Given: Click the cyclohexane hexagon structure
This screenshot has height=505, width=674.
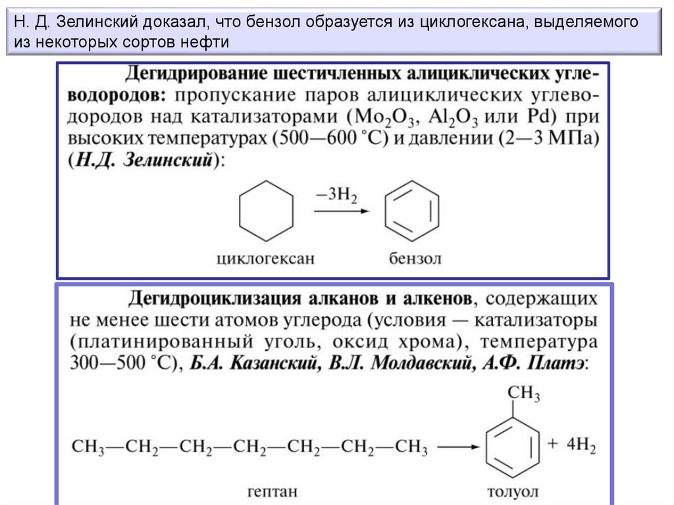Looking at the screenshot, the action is click(266, 211).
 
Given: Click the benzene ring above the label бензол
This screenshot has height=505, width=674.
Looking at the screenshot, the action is click(411, 211).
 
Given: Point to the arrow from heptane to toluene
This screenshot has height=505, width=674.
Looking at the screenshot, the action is click(458, 448).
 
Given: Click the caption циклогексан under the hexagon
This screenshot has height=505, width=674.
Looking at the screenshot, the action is click(266, 258).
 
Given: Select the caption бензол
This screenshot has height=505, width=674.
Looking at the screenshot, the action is click(415, 258).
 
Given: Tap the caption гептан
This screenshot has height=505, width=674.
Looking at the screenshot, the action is click(272, 491).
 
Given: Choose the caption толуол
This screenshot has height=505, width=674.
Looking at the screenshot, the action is click(512, 491).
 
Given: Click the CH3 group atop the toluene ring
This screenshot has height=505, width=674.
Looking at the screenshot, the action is click(523, 394).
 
